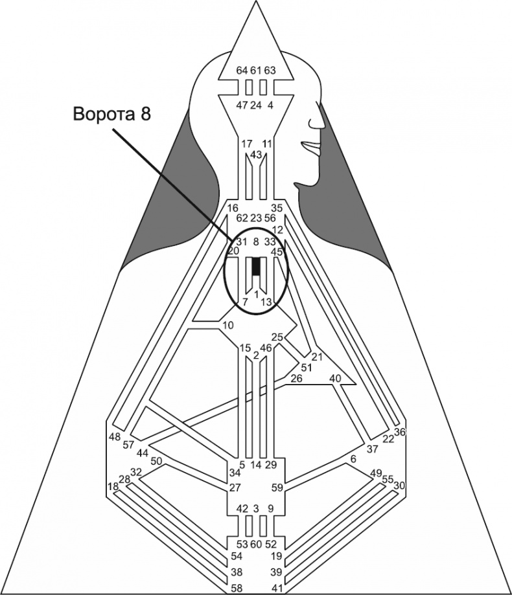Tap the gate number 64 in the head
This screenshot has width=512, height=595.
click(242, 70)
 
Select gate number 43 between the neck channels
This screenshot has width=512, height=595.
click(256, 155)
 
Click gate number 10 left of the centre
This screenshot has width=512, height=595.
click(227, 324)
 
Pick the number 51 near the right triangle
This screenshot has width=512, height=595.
click(307, 368)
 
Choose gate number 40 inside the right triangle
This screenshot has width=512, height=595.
click(335, 378)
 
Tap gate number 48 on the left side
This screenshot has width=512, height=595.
click(115, 436)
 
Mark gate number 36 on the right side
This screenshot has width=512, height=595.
click(399, 432)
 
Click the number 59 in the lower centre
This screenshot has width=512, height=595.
click(276, 488)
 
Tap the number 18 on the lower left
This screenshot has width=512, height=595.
click(113, 486)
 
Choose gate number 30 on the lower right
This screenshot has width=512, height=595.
click(399, 485)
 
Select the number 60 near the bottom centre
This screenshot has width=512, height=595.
click(256, 544)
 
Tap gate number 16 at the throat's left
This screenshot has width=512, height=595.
click(233, 208)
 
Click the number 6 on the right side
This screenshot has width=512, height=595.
click(353, 458)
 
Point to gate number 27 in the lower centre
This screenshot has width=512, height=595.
click(235, 488)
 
